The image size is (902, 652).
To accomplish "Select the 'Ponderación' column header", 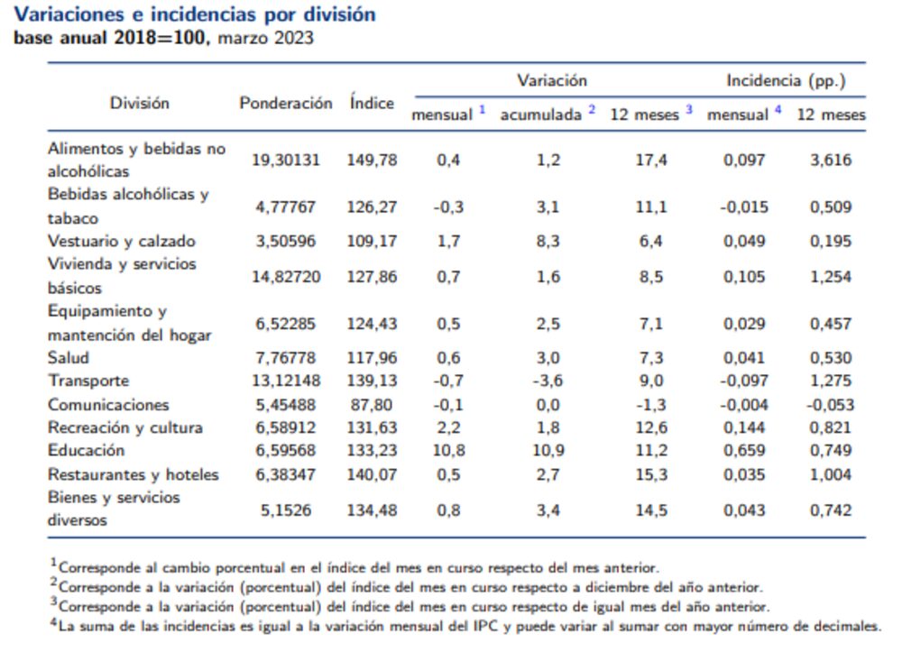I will [285, 103].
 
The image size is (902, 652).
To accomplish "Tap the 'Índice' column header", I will [372, 103].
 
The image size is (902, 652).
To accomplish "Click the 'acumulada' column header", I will [540, 115].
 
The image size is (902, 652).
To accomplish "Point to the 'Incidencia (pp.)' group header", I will [786, 80].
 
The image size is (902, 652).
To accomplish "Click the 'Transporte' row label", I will [88, 381].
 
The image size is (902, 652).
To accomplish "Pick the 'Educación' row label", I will [87, 450].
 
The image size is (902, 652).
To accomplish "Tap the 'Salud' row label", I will [69, 357].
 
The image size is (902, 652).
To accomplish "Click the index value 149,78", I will [372, 161].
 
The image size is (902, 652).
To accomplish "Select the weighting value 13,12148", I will [285, 381].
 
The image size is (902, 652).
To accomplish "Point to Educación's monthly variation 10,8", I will [448, 451].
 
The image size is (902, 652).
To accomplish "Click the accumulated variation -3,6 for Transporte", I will [547, 381].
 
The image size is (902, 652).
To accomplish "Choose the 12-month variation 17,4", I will [650, 161].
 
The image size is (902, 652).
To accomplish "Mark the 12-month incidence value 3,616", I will [831, 161].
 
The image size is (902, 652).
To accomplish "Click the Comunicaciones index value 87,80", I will [372, 404].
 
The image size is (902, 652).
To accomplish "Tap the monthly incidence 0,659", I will [745, 451].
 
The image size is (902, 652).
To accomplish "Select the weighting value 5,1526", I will [285, 510].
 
